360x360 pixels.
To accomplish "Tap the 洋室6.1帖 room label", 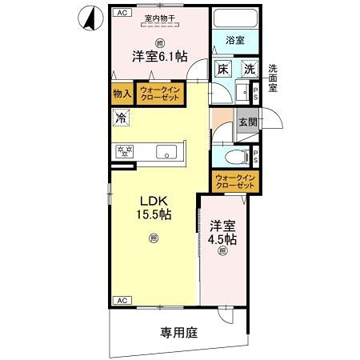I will coord(160,56).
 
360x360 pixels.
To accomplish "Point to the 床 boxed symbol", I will coord(223,70).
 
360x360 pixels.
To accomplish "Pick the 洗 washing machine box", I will coord(250,70).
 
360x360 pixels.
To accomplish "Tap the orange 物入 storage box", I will coord(122,94).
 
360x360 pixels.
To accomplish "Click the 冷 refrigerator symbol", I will coord(119,118).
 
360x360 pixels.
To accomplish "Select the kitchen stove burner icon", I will coord(125,150).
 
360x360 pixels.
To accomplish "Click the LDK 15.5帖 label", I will coord(152,207).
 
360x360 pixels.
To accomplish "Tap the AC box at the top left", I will coord(122,13).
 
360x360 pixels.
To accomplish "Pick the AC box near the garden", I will coord(122,300).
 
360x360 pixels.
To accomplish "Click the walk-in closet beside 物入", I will coord(158,94).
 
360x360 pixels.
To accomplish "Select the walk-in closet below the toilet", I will coord(234,182).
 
